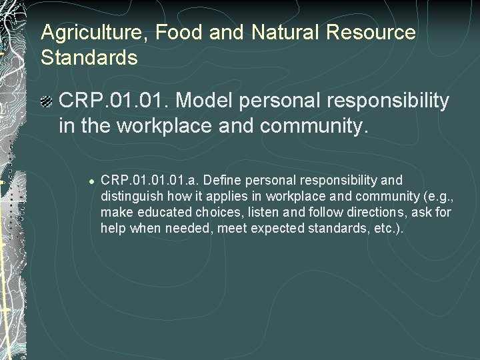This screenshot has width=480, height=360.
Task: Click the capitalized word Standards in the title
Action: [89, 57]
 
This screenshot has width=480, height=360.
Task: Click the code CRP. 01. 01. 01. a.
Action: [151, 181]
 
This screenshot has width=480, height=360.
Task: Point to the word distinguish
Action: [131, 197]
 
